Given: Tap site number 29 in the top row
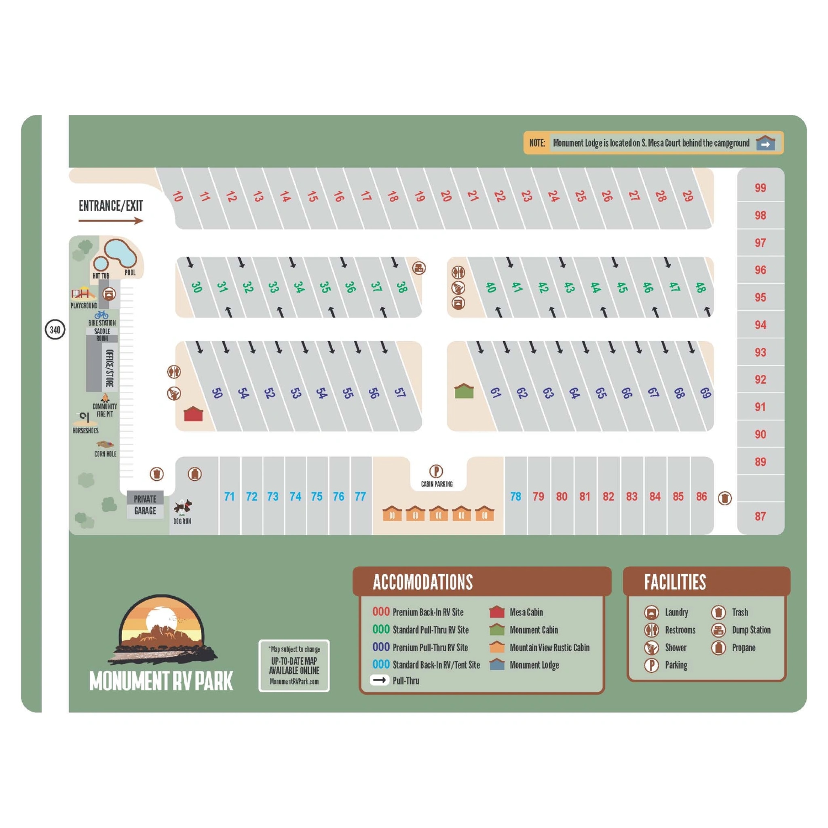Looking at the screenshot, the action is [x=687, y=196].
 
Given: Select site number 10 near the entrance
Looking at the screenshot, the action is [x=177, y=196].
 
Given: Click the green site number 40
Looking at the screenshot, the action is [x=491, y=287].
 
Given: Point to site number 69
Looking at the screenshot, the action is [x=705, y=393].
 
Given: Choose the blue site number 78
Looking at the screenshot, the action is [x=515, y=496].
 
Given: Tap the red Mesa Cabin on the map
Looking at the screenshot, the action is [x=193, y=414].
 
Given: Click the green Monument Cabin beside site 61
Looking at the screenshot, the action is [x=464, y=391].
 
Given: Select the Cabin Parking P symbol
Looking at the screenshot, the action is [x=436, y=471].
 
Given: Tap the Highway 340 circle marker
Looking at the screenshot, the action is [x=55, y=330].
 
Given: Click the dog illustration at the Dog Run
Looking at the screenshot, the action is [x=183, y=507].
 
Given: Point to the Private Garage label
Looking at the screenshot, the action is [x=145, y=505].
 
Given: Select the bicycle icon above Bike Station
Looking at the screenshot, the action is [x=101, y=315].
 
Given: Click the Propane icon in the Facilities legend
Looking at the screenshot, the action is [x=718, y=647].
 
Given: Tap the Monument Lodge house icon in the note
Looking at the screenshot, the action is [x=765, y=143].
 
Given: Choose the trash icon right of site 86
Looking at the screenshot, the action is [x=725, y=498].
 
